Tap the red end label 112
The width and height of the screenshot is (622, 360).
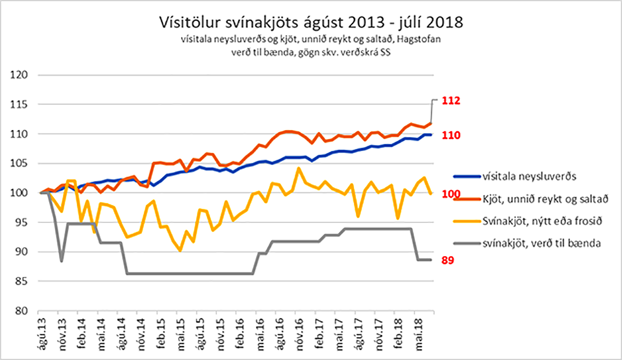[451, 100]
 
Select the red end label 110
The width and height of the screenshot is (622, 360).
[451, 135]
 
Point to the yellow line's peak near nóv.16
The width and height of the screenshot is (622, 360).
[299, 168]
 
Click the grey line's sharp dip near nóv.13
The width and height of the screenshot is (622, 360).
[62, 261]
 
